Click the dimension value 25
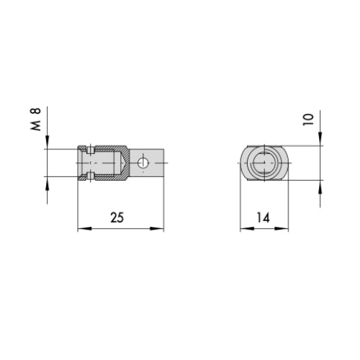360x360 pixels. coord(117,217)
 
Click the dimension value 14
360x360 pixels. coord(264,217)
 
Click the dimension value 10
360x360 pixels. coord(308,120)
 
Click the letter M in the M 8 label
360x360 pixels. coord(36,126)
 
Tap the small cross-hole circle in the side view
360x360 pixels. coord(143,163)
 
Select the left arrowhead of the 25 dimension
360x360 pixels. coord(85,228)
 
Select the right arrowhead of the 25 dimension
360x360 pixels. coord(157,228)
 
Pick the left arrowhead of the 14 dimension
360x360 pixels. coord(247,228)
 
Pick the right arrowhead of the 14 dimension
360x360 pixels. coord(282,228)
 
